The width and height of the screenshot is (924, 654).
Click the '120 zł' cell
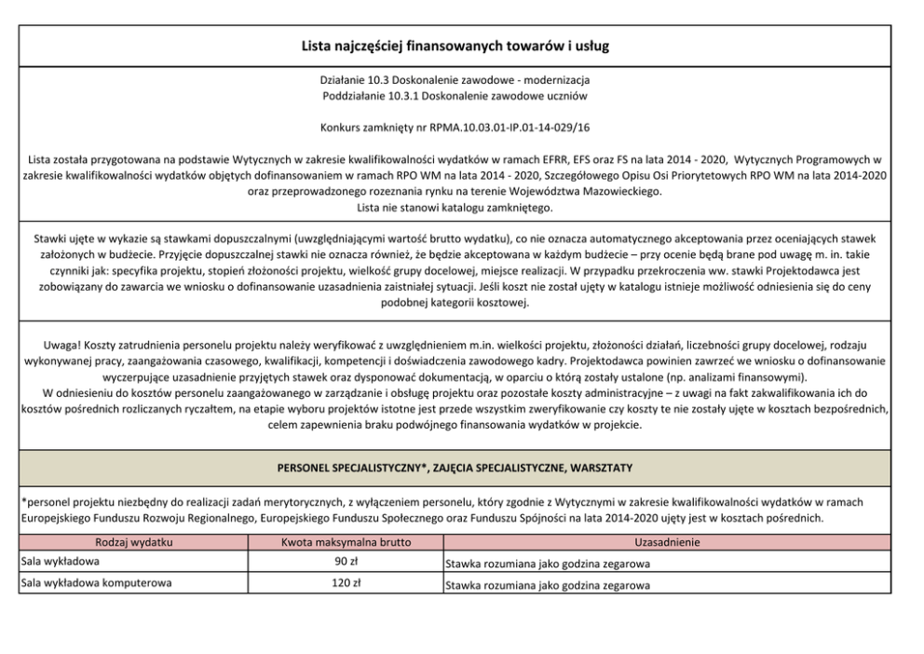pyautogui.click(x=346, y=584)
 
